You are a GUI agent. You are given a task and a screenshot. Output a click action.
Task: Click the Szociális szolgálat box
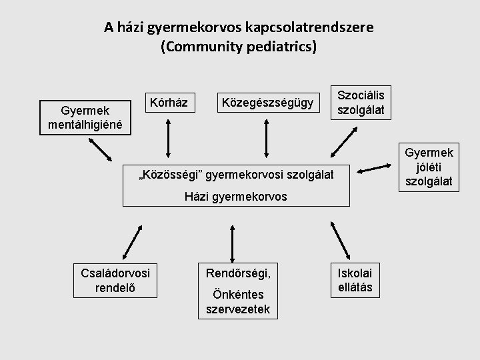[365, 102]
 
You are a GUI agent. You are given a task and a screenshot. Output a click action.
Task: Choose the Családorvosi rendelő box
[115, 281]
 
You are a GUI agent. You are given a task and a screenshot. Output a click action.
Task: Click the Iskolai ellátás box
[355, 279]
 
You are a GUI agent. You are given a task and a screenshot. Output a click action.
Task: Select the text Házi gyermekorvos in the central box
[237, 197]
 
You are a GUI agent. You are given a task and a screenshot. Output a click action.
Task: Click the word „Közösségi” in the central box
[161, 174]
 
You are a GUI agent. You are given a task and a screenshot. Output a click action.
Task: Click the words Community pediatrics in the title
[239, 47]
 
